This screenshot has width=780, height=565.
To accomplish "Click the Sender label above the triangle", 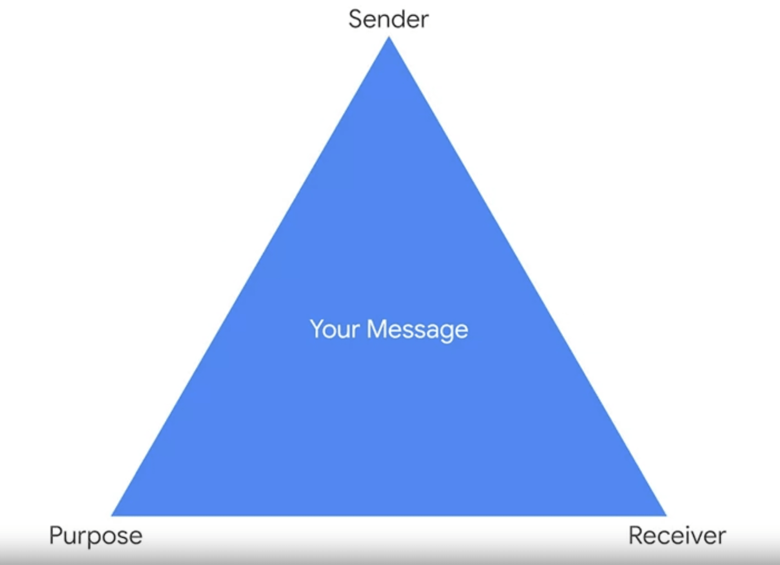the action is point(388,19).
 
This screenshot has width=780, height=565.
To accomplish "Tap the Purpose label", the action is point(96,536).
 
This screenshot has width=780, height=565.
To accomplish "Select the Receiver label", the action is point(677,536).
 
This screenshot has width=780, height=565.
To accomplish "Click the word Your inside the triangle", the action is point(334,330).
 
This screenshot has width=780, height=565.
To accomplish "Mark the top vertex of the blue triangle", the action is point(389,36).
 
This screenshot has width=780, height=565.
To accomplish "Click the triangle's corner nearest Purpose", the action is point(111,516).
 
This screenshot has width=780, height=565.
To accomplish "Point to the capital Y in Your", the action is point(318,329).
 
